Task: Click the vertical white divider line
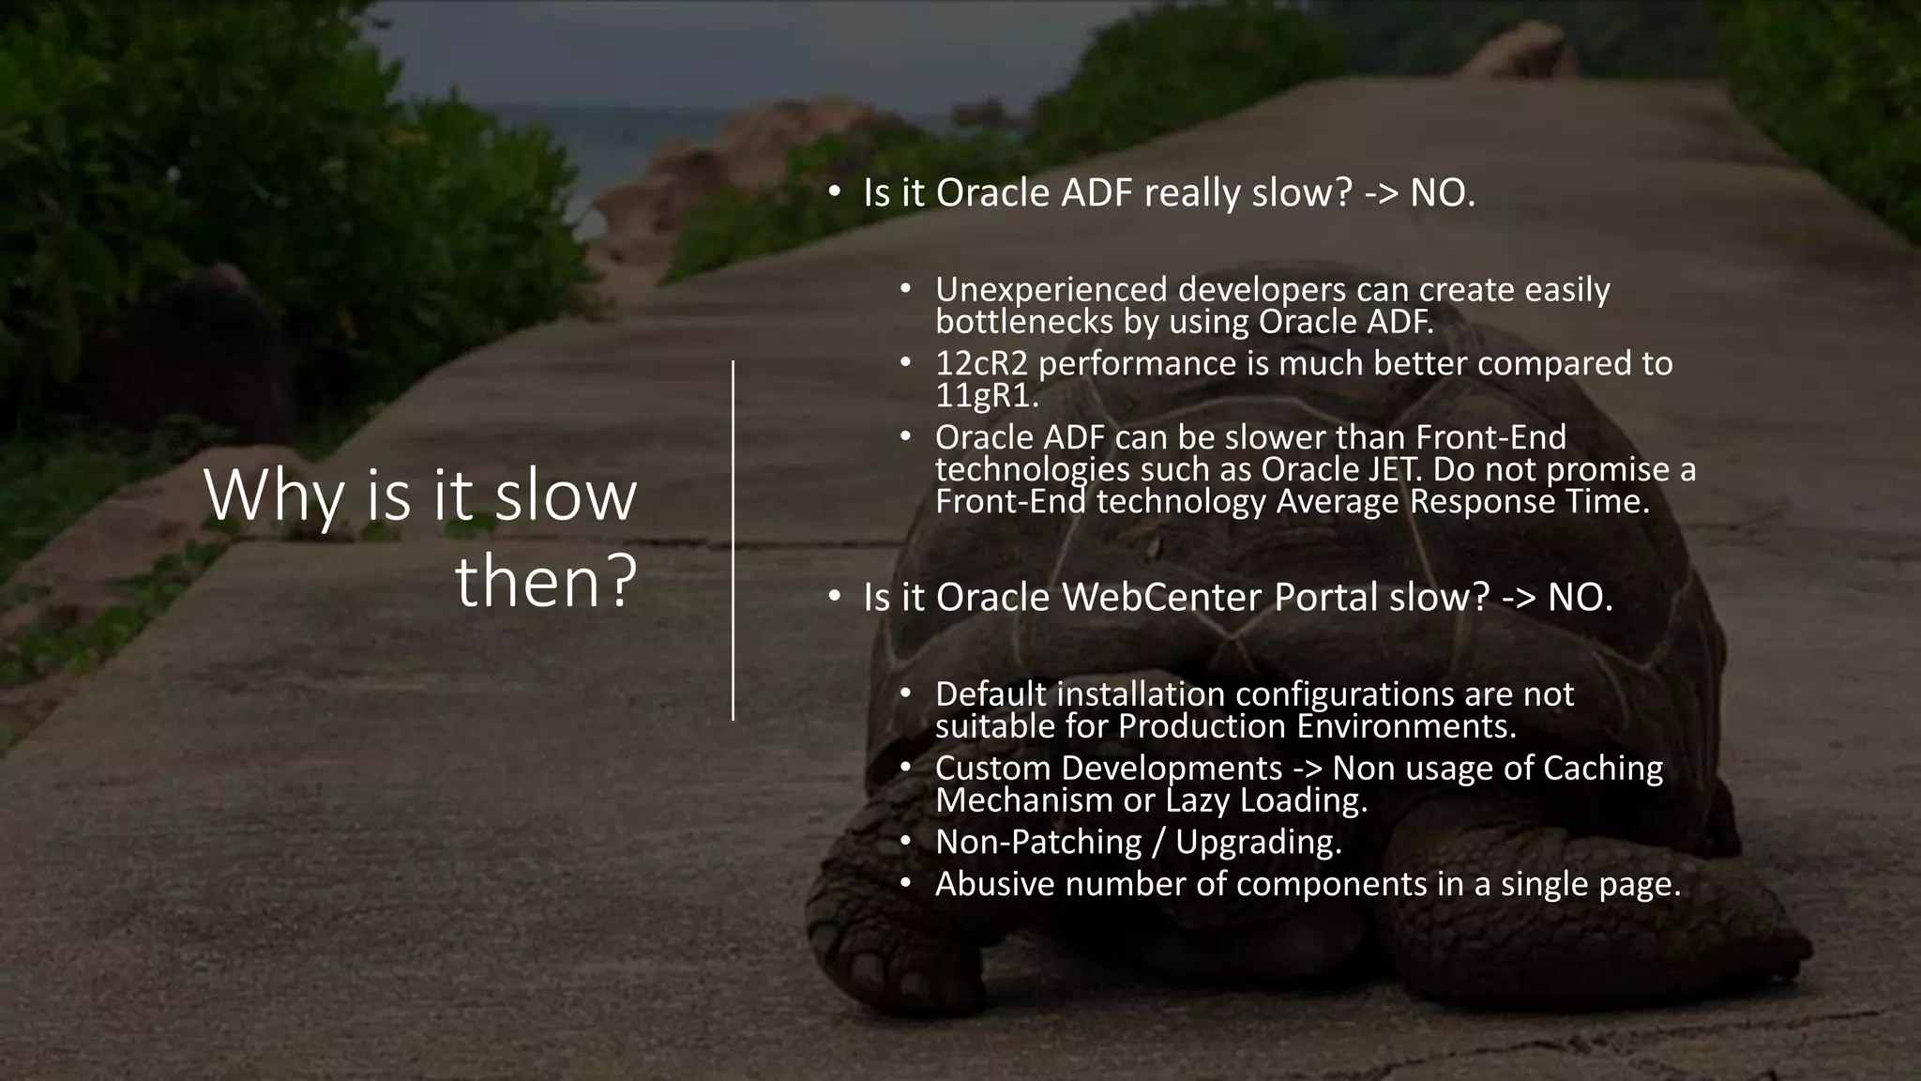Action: coord(733,540)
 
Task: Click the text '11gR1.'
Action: coord(987,396)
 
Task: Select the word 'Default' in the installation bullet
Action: coord(991,694)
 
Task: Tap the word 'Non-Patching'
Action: coord(1037,843)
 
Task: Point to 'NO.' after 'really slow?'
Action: coord(1443,193)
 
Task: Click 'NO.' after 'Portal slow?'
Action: coord(1580,598)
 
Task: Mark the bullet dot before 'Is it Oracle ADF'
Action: coord(833,192)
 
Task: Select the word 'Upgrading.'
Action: coord(1258,843)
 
